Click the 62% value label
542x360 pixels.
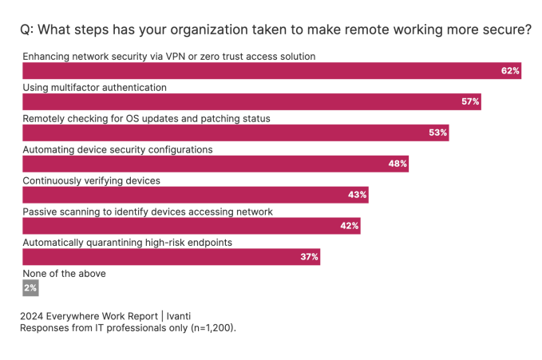pos(510,71)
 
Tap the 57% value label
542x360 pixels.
pos(470,102)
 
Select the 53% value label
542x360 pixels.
pos(437,133)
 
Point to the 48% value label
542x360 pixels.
pos(398,164)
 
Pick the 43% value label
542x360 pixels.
pos(357,195)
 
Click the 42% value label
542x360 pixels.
pos(349,226)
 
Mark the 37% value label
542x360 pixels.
pos(309,257)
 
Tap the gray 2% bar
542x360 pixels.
pos(30,287)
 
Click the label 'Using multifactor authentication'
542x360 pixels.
pos(94,87)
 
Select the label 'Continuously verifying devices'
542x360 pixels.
pos(91,180)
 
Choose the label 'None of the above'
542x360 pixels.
pos(64,274)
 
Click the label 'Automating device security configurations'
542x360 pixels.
pos(117,149)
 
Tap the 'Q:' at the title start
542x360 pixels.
pos(27,30)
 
